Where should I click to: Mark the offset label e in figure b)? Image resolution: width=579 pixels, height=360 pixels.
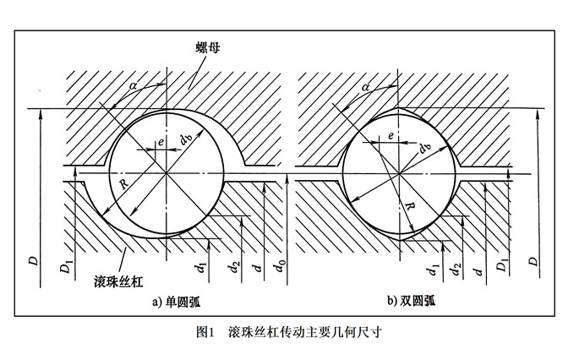click(389, 136)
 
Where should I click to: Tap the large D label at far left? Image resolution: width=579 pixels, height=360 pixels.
click(32, 259)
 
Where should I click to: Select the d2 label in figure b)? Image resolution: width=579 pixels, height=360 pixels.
click(457, 270)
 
